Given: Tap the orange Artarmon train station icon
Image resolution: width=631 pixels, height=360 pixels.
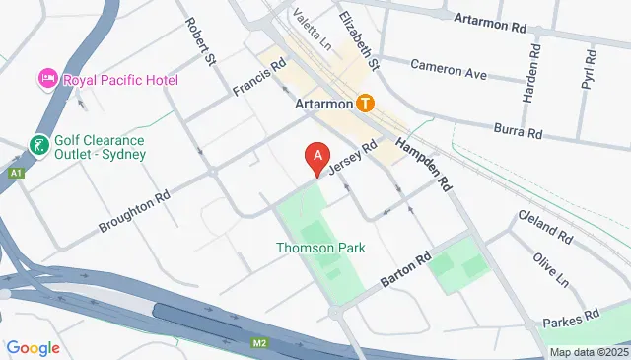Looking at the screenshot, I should click(366, 103).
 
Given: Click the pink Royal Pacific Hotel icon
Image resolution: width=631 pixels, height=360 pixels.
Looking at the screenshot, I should click(46, 78).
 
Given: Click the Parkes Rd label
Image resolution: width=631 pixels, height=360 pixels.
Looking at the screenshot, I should click(577, 318).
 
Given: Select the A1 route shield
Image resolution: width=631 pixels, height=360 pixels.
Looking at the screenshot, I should click(15, 174).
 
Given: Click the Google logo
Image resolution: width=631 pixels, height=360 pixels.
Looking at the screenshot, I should click(33, 347).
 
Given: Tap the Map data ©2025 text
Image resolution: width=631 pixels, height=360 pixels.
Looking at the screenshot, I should click(588, 352).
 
